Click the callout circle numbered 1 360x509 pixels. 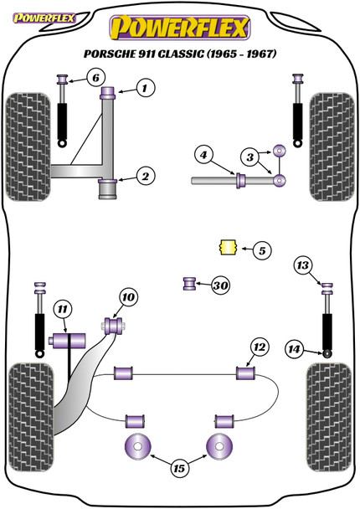(145, 87)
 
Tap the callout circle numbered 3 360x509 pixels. (249, 157)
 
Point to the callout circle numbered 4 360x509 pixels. (202, 154)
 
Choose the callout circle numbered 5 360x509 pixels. (261, 249)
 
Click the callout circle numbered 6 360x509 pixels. (96, 79)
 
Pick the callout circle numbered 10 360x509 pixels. (127, 296)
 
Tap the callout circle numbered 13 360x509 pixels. (302, 266)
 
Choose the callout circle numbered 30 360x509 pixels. (220, 285)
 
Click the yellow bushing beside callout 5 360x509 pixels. (224, 248)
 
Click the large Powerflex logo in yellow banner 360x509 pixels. (180, 29)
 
